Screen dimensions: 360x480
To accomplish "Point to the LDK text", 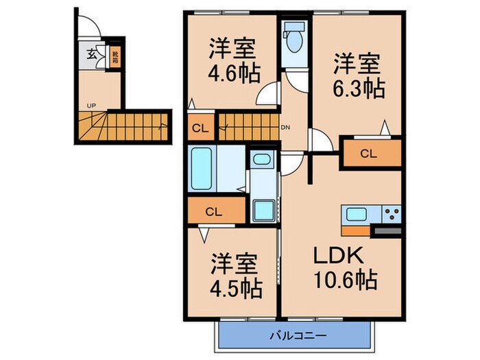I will (337, 255).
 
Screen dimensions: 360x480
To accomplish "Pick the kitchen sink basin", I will (357, 215).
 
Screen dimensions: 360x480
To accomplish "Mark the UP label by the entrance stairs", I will (91, 106).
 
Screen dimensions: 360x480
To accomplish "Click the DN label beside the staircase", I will (285, 128).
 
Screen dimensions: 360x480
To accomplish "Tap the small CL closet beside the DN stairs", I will (200, 128).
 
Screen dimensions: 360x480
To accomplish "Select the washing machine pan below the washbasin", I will (261, 208).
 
